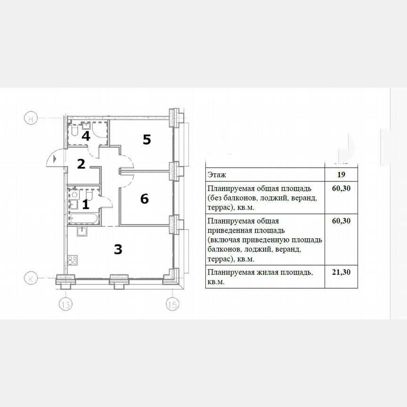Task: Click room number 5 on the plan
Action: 147,139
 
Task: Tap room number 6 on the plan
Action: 145,199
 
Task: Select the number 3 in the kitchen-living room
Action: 118,249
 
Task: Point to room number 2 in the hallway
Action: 81,164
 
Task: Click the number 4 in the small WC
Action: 86,136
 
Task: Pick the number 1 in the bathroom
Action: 85,204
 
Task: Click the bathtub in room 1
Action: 83,218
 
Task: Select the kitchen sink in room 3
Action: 82,230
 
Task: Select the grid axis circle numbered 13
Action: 65,305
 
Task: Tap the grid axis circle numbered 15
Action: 172,305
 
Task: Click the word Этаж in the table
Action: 216,174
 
